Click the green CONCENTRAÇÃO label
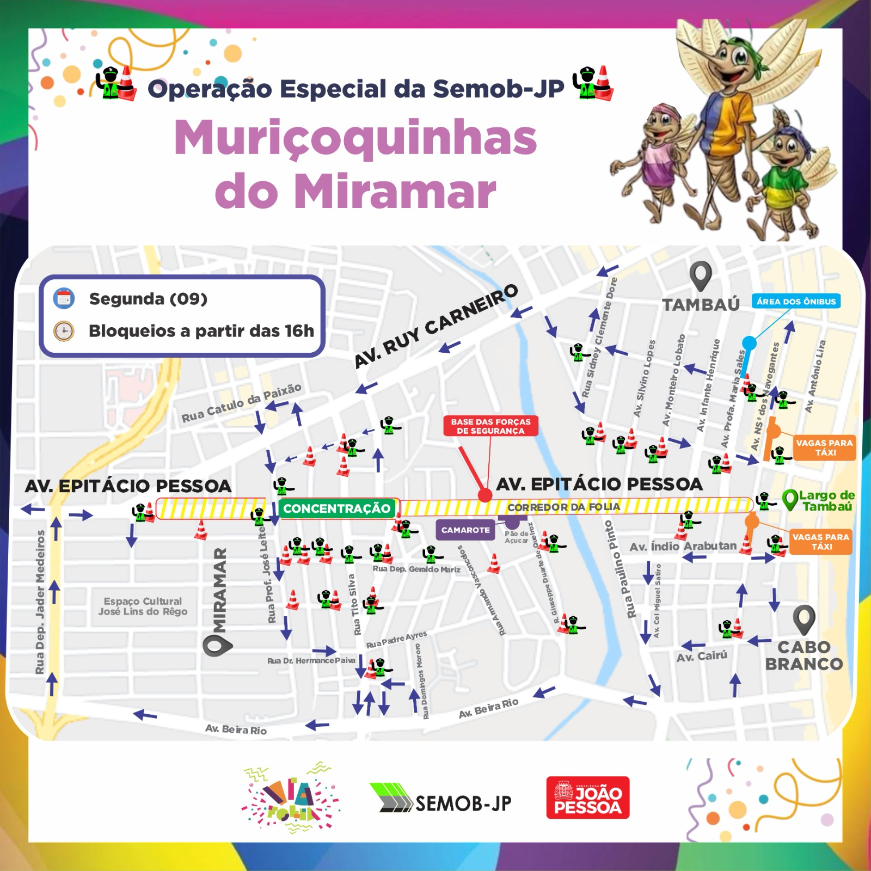click(x=336, y=508)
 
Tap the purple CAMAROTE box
click(x=465, y=530)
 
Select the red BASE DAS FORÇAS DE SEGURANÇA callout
click(x=490, y=426)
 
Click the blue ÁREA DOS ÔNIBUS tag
click(x=796, y=301)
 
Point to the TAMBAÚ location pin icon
click(x=700, y=275)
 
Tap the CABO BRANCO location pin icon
click(x=803, y=619)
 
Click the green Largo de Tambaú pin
click(x=789, y=499)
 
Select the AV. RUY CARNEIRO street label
click(x=436, y=326)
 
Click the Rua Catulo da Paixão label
click(x=241, y=403)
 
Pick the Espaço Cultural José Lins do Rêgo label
click(x=143, y=606)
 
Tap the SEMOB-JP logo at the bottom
click(x=440, y=799)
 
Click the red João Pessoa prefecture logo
click(x=588, y=798)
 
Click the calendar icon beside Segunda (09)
click(x=64, y=298)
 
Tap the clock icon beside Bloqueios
click(x=64, y=330)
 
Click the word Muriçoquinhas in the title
click(x=355, y=139)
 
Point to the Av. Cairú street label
click(x=702, y=656)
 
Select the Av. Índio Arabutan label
click(x=683, y=546)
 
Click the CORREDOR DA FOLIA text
click(x=563, y=507)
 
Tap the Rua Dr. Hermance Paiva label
click(x=311, y=660)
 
